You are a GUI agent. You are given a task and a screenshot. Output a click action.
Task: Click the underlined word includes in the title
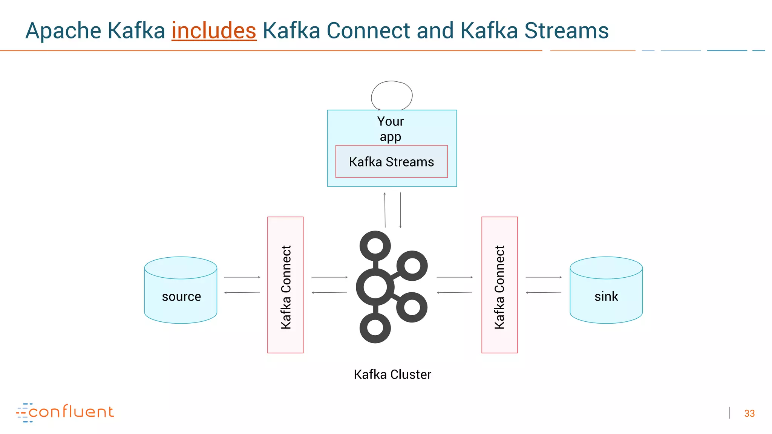(x=214, y=31)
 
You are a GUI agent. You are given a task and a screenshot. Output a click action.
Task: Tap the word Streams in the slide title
(x=566, y=31)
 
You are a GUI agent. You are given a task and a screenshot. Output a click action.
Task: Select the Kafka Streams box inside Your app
(x=391, y=162)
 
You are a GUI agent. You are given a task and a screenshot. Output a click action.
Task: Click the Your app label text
(x=391, y=128)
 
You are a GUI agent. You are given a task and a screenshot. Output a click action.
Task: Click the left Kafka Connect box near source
(x=285, y=285)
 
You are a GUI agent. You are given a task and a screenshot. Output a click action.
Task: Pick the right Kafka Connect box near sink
(x=499, y=285)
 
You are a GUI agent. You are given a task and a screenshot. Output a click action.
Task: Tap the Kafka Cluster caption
(x=392, y=374)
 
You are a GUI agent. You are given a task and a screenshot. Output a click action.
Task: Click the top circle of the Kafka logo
(x=375, y=246)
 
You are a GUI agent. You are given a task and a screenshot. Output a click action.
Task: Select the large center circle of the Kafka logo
(x=375, y=287)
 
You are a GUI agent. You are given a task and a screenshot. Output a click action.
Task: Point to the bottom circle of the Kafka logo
(x=375, y=328)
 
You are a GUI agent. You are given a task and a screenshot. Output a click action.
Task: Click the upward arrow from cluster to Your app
(x=385, y=210)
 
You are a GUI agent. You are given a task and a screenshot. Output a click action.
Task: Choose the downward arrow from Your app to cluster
(x=400, y=210)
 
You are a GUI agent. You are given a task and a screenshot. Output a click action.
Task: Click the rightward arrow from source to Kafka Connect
(x=242, y=277)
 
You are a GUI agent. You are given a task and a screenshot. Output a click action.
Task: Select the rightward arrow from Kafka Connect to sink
(x=544, y=277)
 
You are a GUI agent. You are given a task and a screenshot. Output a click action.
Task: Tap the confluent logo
(x=65, y=412)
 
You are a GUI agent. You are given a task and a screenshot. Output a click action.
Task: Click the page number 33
(x=749, y=413)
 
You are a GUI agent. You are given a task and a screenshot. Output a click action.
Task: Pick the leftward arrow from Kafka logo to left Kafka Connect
(x=329, y=292)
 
